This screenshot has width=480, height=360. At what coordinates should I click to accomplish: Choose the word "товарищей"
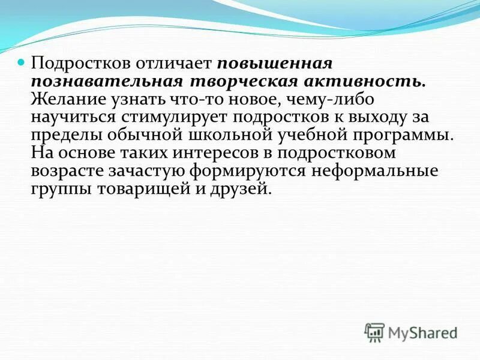point(154,188)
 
